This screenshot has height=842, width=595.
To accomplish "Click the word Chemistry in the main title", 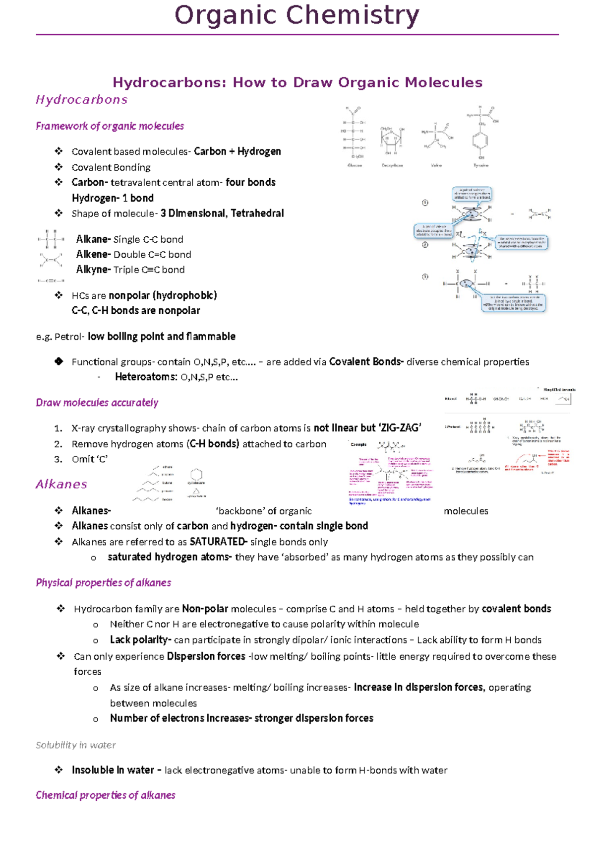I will point(353,15).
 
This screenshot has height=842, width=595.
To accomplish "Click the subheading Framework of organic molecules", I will point(110,126).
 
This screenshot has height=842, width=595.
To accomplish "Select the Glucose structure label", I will point(355,165).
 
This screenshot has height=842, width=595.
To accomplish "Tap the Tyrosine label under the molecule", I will point(480,165).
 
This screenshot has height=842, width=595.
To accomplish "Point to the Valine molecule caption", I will point(436,165).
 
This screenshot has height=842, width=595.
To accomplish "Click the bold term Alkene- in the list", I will point(93,254).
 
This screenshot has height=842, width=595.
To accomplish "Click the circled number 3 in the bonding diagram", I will point(425,277).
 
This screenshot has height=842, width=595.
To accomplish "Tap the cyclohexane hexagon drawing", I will point(196,474).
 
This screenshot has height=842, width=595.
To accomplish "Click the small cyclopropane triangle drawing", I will point(196,491).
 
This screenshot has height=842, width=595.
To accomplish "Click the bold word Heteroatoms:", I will point(146,377).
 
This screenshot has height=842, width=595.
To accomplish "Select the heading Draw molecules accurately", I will point(97,403).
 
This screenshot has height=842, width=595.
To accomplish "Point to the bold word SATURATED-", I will point(218,542).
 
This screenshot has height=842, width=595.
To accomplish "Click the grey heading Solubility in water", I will point(75,745).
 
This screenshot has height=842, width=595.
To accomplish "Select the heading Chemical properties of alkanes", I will point(105,795).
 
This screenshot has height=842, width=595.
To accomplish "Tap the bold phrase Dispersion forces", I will point(206,656).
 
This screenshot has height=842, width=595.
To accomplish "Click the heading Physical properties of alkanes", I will point(103,583).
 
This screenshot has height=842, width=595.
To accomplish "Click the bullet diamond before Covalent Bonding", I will point(59,167).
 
